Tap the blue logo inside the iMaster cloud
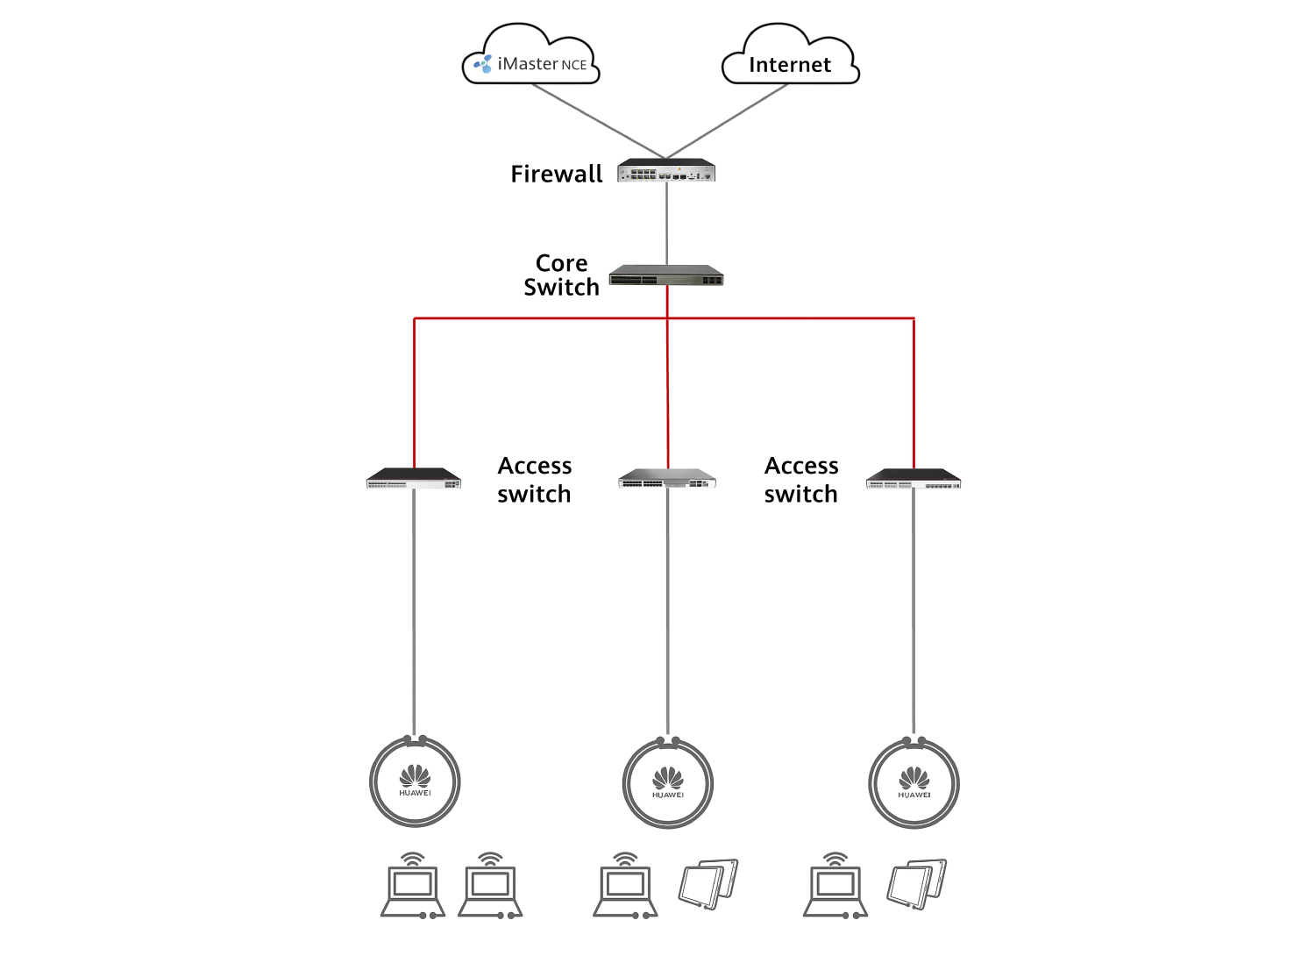point(483,63)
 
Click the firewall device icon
point(666,170)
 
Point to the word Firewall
point(557,174)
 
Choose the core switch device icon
point(666,276)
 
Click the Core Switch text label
point(561,275)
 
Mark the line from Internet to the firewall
point(728,121)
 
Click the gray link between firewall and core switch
point(666,223)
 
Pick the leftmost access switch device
point(414,479)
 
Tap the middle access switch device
point(667,479)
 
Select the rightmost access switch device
point(914,479)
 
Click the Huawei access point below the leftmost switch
point(415,781)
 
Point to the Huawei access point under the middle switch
point(668,783)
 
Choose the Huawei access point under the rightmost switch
point(914,783)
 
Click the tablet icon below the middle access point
point(708,883)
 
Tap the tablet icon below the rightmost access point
point(917,883)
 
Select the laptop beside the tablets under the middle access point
point(625,886)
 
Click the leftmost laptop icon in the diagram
point(413,886)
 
